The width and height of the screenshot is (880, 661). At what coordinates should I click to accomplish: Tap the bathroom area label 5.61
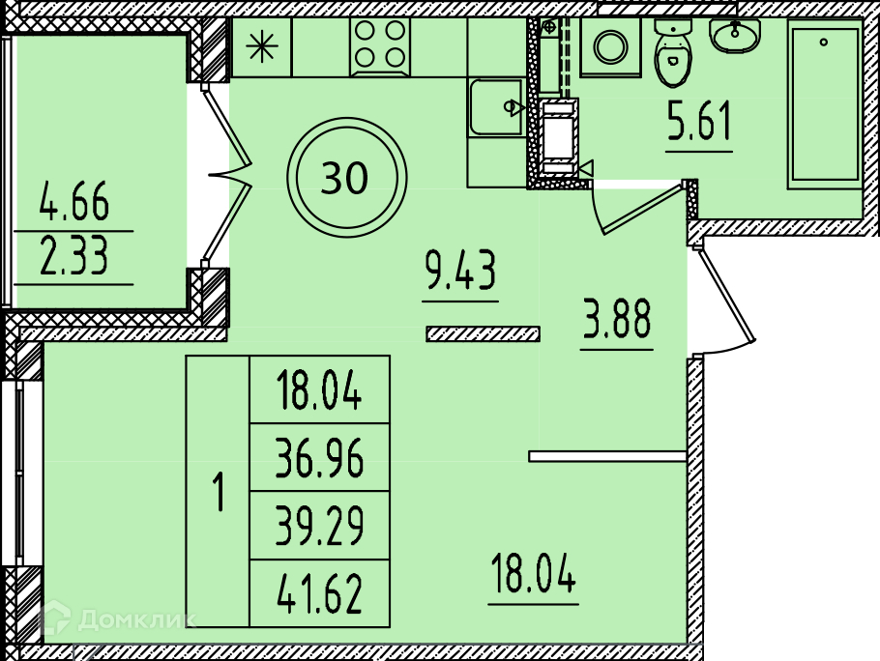point(698,126)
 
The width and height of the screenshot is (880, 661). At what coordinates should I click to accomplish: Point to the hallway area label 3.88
point(617,322)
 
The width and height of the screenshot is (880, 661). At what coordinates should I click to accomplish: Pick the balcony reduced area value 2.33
point(74,258)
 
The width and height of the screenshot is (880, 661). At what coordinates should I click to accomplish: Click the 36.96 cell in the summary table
point(319,458)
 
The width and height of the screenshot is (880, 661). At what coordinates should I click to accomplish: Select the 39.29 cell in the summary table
point(319,526)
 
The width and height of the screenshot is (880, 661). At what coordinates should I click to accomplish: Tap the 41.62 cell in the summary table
point(319,593)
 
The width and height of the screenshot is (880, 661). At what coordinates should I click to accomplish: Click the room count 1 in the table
point(219,493)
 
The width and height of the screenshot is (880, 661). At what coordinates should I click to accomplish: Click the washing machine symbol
point(610,46)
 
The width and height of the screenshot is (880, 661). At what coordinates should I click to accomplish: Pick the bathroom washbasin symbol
point(737,37)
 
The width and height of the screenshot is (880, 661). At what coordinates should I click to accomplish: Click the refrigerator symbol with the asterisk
point(261,47)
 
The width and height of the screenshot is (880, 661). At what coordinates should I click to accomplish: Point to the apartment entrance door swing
point(723,300)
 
